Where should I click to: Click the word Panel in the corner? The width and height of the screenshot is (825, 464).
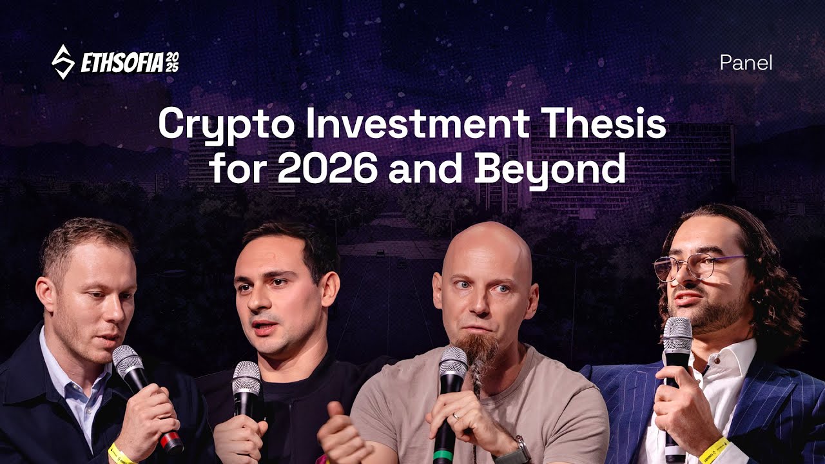point(746,63)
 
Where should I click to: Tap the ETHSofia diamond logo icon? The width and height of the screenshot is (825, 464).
point(63,62)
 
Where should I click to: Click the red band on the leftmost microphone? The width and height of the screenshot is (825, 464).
point(171,441)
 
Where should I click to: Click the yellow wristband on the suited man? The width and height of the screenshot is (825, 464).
point(713,449)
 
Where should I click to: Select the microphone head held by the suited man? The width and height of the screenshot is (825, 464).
point(677,335)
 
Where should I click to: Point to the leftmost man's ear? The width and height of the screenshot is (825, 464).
point(46,293)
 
